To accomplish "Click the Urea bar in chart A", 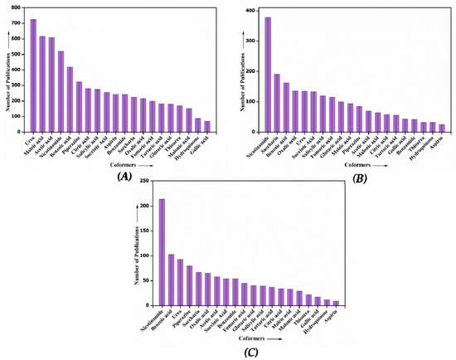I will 33,75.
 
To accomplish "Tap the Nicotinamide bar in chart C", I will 162,252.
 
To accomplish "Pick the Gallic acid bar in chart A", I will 207,126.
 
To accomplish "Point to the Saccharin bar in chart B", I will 277,104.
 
